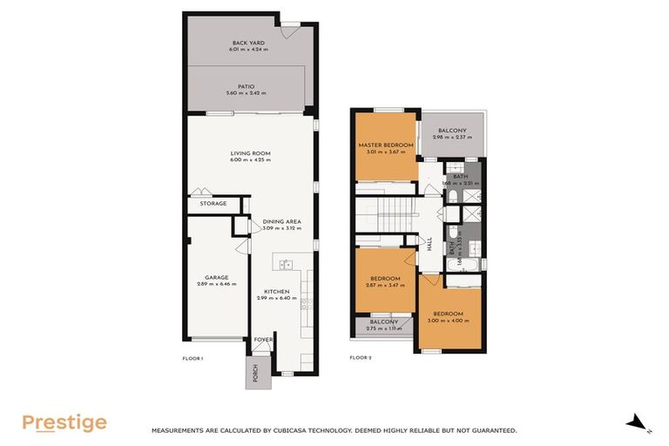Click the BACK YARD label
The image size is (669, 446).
pos(248,43)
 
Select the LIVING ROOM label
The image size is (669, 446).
pos(250,153)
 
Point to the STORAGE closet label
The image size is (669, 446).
pos(213,204)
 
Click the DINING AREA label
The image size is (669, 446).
pos(281,222)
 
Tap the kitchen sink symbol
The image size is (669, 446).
pos(285,263)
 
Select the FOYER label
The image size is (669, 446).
pos(263,340)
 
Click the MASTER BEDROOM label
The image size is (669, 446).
pos(386,145)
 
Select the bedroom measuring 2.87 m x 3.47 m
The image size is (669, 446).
pos(385,280)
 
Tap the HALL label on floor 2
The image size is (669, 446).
pos(429,246)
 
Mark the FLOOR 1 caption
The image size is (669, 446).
pos(193,357)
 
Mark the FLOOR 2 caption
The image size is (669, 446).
pos(361,357)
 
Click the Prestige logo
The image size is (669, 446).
pos(64,423)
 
